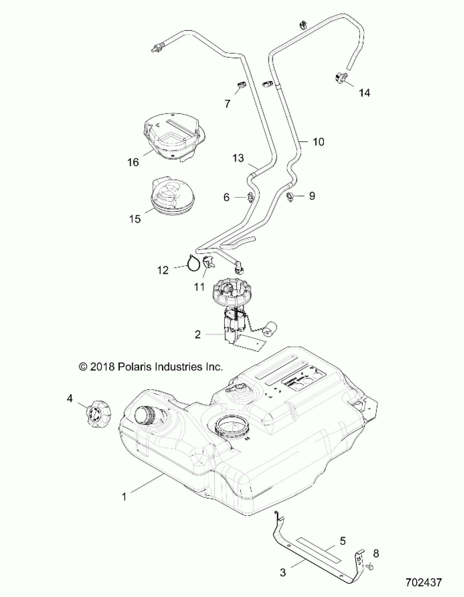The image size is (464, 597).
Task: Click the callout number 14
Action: click(364, 93)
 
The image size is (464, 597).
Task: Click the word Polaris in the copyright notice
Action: click(135, 367)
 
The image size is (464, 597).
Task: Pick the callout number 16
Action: click(133, 162)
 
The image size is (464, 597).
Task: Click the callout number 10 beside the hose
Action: click(318, 142)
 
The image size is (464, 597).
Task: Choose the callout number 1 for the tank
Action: click(124, 497)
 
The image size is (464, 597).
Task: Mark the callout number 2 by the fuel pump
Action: click(198, 334)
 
